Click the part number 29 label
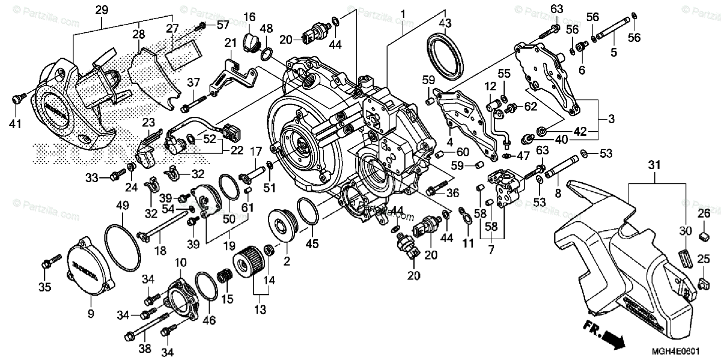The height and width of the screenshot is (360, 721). click(102, 10)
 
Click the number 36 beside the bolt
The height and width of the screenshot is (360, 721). click(453, 192)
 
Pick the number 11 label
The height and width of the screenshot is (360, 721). click(467, 243)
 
